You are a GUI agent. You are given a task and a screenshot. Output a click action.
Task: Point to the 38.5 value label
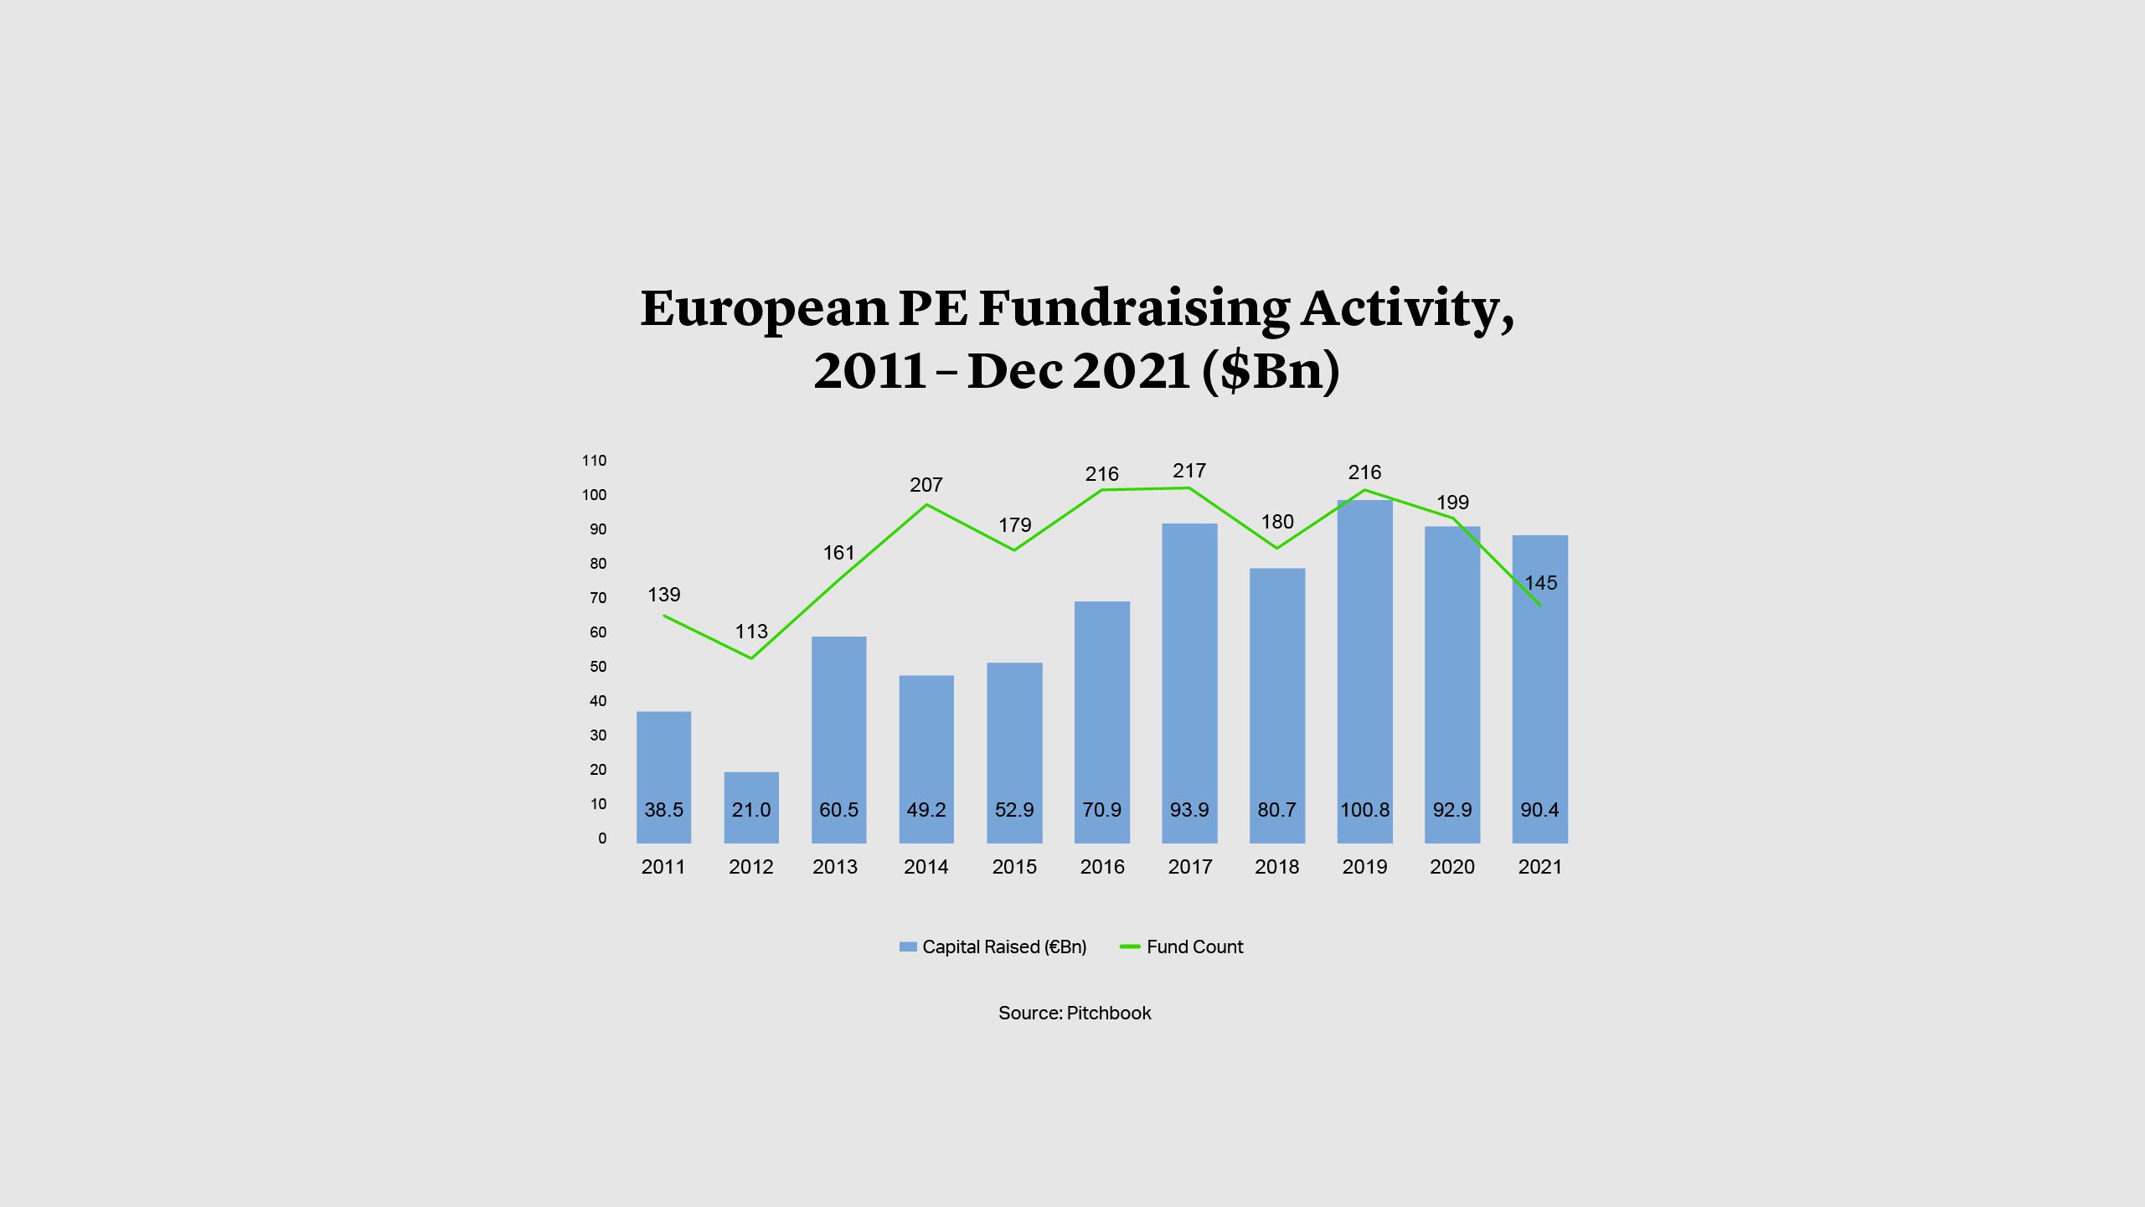click(x=663, y=810)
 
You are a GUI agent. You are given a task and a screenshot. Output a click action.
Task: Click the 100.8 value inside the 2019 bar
click(x=1364, y=810)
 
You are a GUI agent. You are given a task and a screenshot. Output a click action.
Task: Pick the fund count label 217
click(x=1189, y=471)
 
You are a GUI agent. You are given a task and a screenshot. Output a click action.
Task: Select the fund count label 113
click(x=751, y=632)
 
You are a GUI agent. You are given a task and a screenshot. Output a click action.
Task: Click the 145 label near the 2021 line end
click(x=1540, y=583)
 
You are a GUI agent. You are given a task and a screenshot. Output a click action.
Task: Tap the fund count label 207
click(x=926, y=485)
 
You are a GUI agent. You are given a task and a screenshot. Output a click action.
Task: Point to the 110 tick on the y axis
click(x=594, y=461)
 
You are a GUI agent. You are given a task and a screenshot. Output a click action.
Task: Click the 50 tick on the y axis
click(x=598, y=667)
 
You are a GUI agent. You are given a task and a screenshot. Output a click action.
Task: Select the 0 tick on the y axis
click(x=602, y=838)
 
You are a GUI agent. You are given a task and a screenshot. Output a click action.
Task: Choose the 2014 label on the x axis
click(x=926, y=867)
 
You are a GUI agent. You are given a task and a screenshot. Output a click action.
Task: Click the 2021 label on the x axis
click(x=1539, y=867)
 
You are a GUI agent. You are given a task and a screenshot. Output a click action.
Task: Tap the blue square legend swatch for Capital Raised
click(x=908, y=947)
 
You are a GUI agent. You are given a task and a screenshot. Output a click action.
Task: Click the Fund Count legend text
click(x=1194, y=947)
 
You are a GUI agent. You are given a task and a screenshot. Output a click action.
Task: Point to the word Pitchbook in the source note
click(x=1109, y=1013)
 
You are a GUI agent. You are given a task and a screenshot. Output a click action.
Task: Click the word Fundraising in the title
click(x=1135, y=308)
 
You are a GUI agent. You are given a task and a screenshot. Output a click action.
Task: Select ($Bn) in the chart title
click(x=1271, y=370)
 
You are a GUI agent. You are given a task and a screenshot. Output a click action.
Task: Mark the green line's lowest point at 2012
click(x=751, y=658)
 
